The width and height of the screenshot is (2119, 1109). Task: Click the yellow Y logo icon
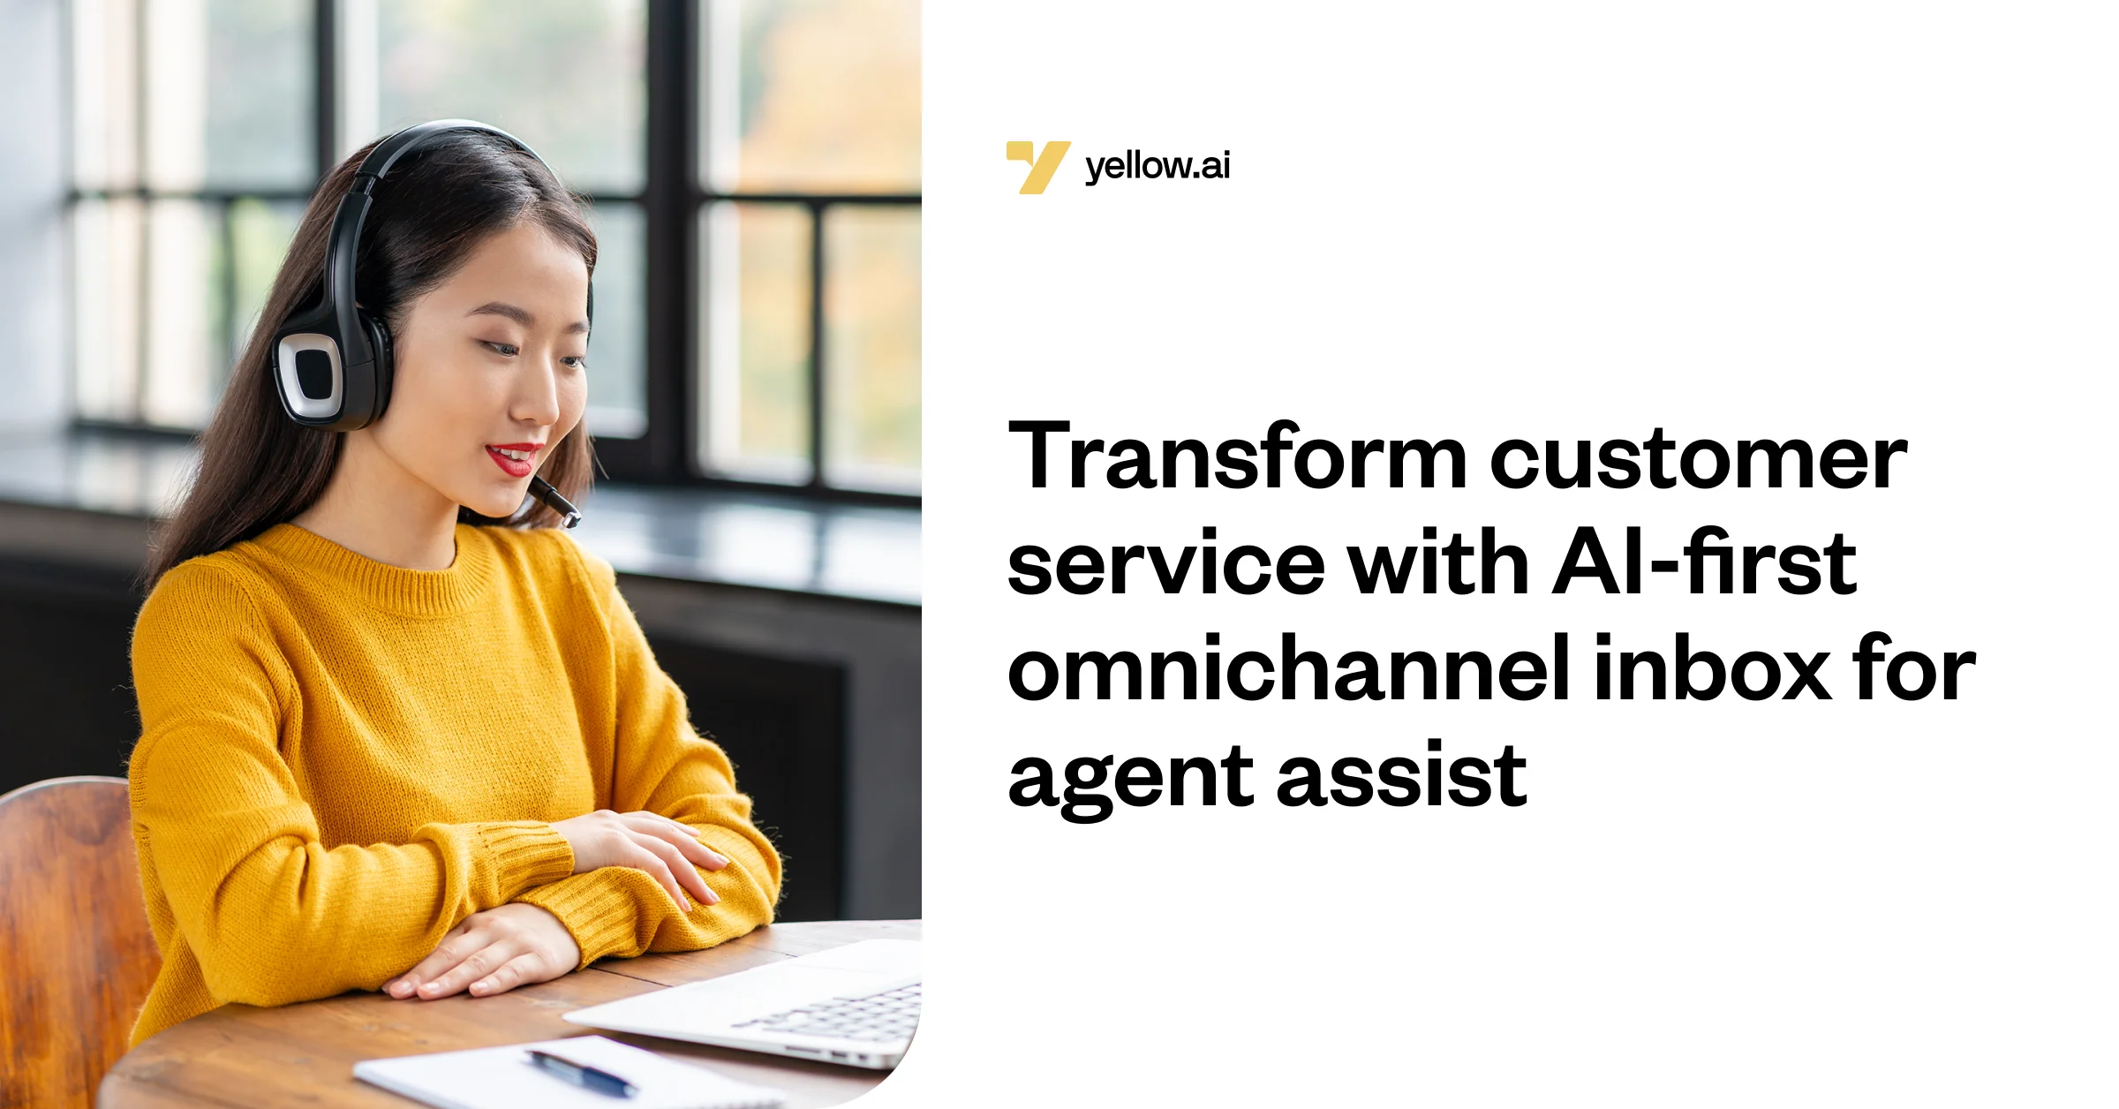(x=1037, y=166)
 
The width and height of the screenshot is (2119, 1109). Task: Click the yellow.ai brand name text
(x=1157, y=166)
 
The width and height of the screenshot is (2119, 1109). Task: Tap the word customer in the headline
(x=1699, y=459)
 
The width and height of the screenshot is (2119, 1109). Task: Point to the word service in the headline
(x=1165, y=564)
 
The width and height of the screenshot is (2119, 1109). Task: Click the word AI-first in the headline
(x=1704, y=562)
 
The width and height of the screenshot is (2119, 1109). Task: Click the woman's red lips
(x=512, y=458)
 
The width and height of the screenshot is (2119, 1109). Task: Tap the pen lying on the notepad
(x=583, y=1073)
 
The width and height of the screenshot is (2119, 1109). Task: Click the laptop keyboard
(x=839, y=1015)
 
